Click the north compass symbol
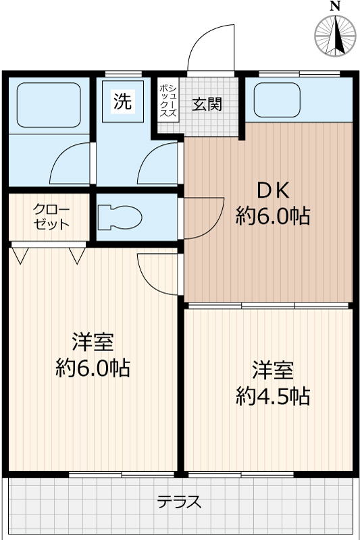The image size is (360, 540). click(x=336, y=34)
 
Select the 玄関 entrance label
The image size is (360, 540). click(x=207, y=105)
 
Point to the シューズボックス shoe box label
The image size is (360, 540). click(x=168, y=101)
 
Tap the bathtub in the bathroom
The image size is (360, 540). click(x=47, y=105)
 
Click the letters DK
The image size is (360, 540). click(x=274, y=190)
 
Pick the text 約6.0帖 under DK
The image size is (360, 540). click(x=273, y=217)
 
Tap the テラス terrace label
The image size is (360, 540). click(x=180, y=503)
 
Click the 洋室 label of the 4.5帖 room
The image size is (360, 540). click(x=273, y=370)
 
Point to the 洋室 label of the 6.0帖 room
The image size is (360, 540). click(x=93, y=342)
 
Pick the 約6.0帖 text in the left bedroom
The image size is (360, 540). click(x=93, y=369)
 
